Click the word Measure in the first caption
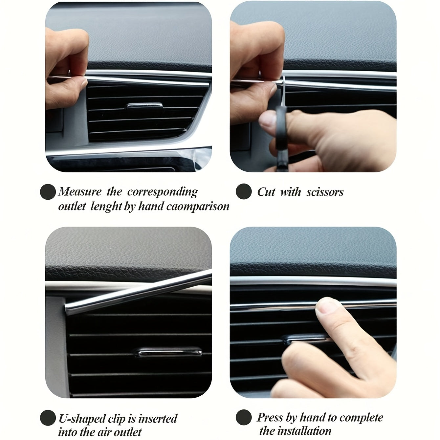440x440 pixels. [x=80, y=191]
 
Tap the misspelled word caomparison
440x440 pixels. [x=198, y=207]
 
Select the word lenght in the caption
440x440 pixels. [x=106, y=207]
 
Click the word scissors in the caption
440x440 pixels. [x=325, y=192]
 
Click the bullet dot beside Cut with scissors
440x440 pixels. [x=244, y=191]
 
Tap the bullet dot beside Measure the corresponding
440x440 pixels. [x=48, y=192]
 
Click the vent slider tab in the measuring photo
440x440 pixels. [x=144, y=105]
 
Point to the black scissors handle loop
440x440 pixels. [x=281, y=128]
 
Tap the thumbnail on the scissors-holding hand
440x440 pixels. [x=266, y=120]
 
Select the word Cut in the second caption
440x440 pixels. [x=266, y=192]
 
